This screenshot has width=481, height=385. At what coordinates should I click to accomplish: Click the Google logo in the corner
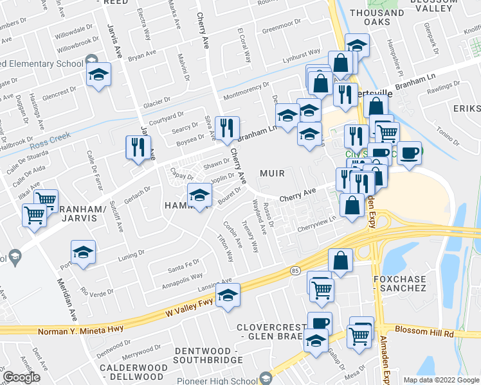pos(21,377)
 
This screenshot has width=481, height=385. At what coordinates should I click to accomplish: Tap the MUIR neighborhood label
pos(272,174)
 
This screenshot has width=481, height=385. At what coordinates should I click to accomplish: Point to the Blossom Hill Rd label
pos(424,334)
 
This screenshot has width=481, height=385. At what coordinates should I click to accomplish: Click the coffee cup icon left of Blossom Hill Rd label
pos(320,323)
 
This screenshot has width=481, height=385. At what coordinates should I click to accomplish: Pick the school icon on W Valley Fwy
pos(226,295)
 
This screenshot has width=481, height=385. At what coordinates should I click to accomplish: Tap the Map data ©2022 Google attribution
pos(442,380)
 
